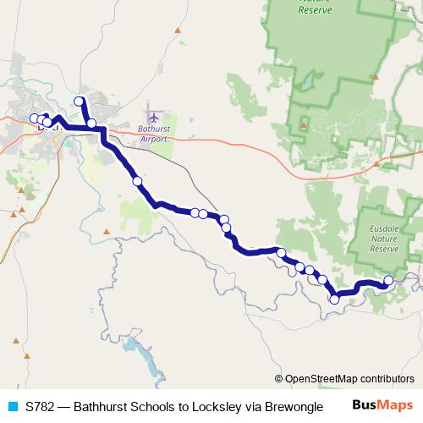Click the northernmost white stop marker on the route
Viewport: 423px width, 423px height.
[80, 102]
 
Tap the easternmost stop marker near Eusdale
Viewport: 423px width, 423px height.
[388, 280]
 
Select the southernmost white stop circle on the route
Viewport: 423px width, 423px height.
[334, 299]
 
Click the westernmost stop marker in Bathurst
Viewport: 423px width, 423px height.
[35, 118]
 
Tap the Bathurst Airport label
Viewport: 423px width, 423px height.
[154, 134]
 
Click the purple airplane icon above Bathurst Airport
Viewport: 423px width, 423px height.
[153, 115]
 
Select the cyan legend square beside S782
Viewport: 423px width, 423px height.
[12, 407]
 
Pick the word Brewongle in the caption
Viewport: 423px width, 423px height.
[288, 407]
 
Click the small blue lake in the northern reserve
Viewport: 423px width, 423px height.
[307, 80]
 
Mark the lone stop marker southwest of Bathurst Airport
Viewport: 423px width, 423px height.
[137, 181]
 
